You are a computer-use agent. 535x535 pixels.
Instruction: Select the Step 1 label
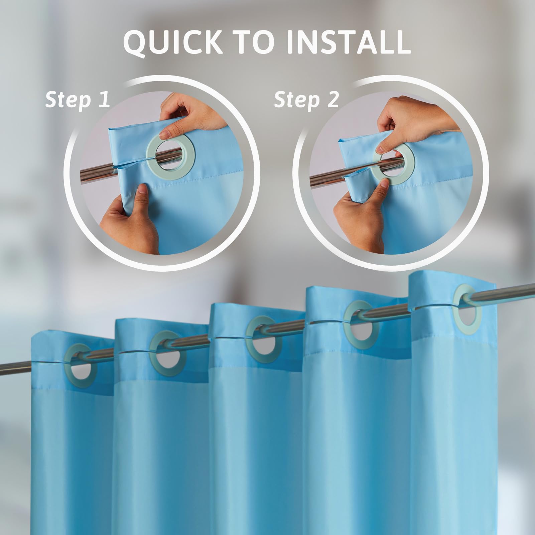tap(78, 100)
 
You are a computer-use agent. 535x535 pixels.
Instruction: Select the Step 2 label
tap(306, 100)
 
